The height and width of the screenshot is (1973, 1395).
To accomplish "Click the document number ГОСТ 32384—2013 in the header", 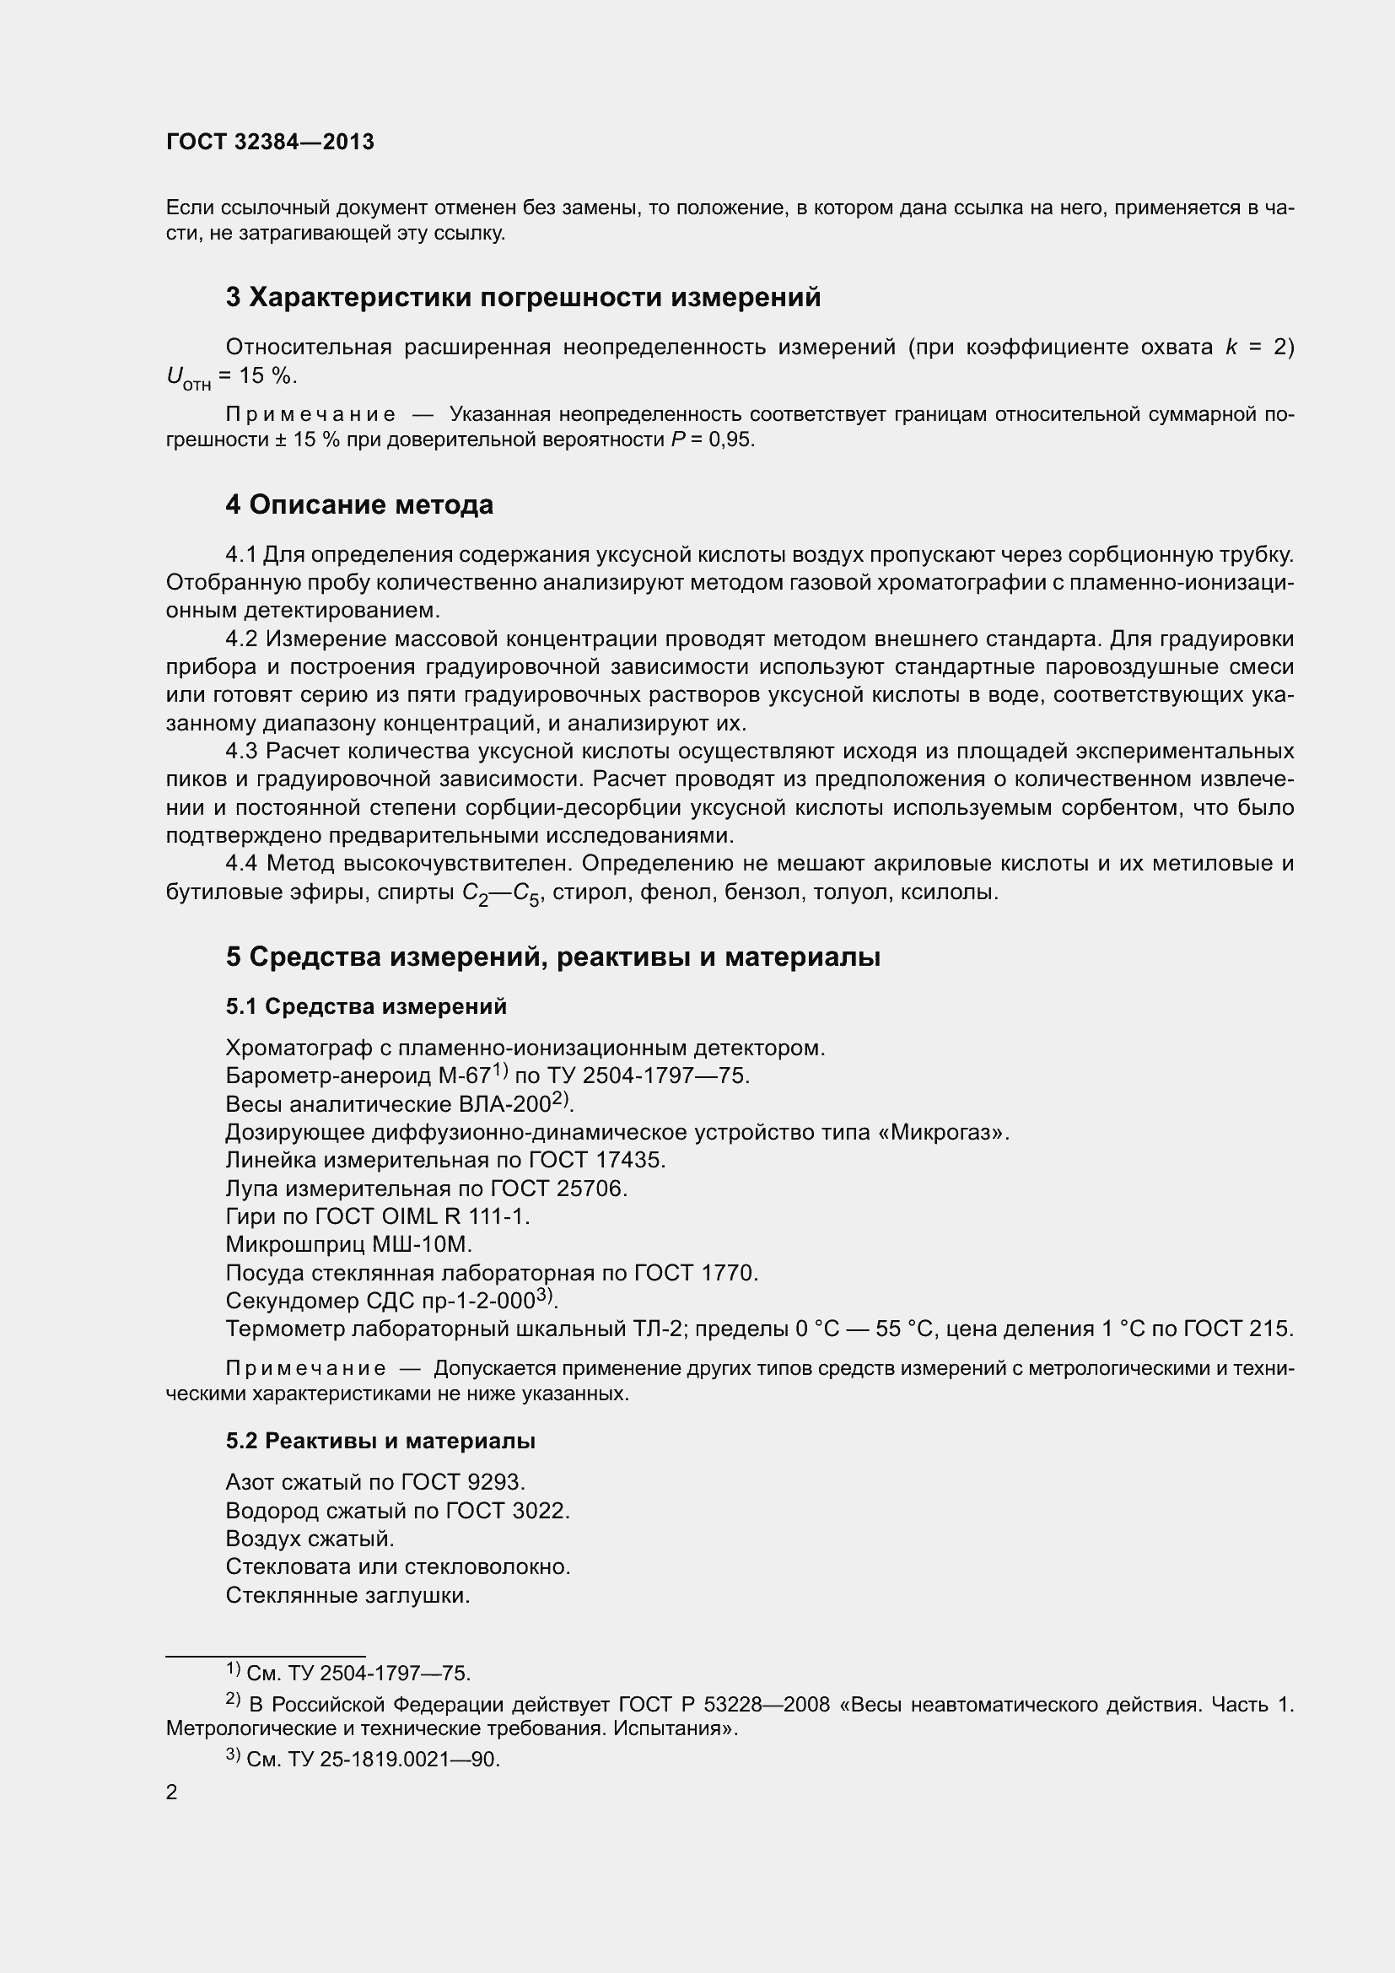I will [270, 142].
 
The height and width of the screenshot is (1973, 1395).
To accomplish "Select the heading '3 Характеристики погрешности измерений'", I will [523, 297].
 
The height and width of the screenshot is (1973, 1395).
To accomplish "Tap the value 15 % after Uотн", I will [268, 376].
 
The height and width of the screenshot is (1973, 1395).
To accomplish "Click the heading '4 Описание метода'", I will [359, 504].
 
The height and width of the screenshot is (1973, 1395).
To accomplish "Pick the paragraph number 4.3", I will [241, 752].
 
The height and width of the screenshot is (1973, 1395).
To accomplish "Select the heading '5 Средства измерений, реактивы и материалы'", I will [552, 957].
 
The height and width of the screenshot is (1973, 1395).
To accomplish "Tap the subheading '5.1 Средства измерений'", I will [366, 1006].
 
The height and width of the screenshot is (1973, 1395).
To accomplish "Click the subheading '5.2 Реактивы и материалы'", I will [380, 1441].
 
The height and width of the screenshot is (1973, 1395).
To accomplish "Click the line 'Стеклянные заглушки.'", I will [347, 1596].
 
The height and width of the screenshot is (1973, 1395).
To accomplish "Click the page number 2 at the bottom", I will [172, 1792].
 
